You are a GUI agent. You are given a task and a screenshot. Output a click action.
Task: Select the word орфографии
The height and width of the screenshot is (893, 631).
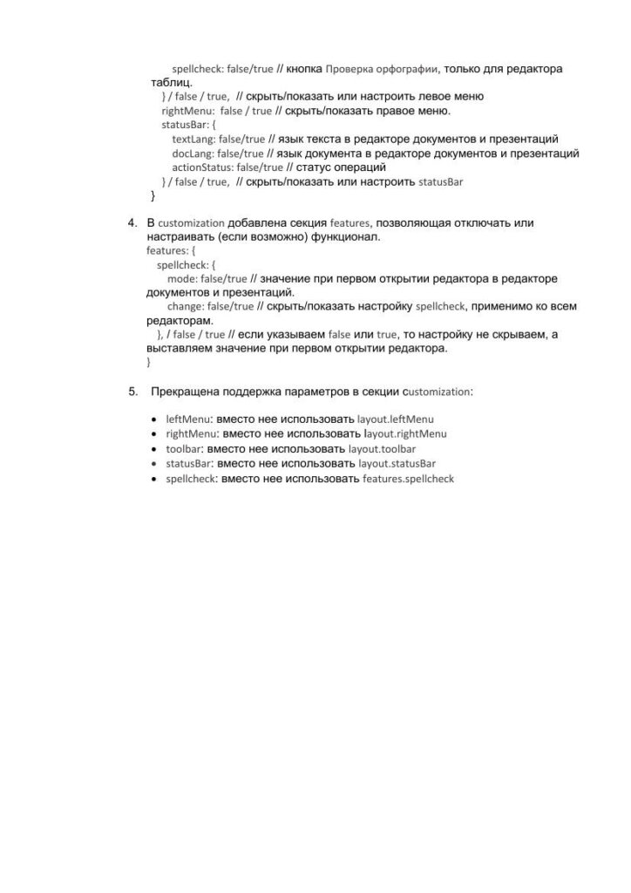click(x=407, y=68)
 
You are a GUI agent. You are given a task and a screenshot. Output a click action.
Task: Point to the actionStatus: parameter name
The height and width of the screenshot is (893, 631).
click(x=203, y=167)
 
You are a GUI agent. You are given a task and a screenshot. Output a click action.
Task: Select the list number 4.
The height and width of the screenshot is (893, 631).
click(x=133, y=222)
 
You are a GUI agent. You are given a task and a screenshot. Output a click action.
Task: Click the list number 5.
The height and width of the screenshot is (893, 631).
click(x=133, y=392)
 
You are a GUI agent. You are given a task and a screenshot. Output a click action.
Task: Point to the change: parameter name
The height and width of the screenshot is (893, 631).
click(x=187, y=307)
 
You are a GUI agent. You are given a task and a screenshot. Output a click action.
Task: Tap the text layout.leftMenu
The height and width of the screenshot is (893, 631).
click(x=396, y=419)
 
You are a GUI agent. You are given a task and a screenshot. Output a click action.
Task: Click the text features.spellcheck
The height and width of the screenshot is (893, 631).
click(x=408, y=479)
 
